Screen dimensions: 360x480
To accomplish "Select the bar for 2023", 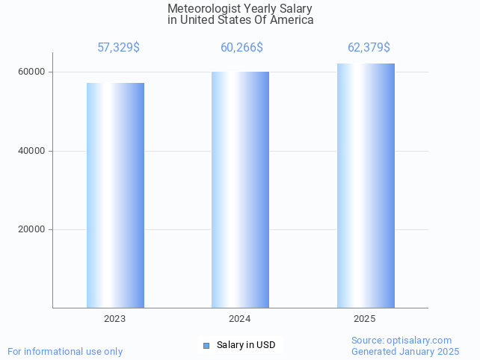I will pos(115,195).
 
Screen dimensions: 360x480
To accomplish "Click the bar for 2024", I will pos(240,190).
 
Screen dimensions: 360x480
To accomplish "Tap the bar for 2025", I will pos(366,185).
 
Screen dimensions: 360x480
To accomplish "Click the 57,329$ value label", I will pos(118,48).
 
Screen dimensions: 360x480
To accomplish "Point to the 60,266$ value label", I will pos(241,48).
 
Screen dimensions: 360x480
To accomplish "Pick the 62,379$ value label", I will pos(369,48).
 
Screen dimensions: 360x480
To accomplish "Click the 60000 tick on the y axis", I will pos(32,72).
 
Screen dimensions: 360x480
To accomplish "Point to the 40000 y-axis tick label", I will pos(32,151).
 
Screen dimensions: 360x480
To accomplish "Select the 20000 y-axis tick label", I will pos(32,229).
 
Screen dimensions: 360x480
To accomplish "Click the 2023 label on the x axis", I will pos(114,319).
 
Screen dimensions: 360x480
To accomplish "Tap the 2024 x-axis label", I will pos(239,319).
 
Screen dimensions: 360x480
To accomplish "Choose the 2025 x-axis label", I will pos(364,319).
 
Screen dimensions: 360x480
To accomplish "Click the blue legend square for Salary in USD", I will pos(206,345).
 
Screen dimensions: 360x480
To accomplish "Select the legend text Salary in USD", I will pos(246,345).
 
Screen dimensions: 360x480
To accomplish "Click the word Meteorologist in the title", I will pos(200,9).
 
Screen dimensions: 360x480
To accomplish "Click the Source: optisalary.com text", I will pos(401,341).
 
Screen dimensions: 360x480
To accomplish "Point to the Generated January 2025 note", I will pos(405,351).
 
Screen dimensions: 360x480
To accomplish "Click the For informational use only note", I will pos(65,351).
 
